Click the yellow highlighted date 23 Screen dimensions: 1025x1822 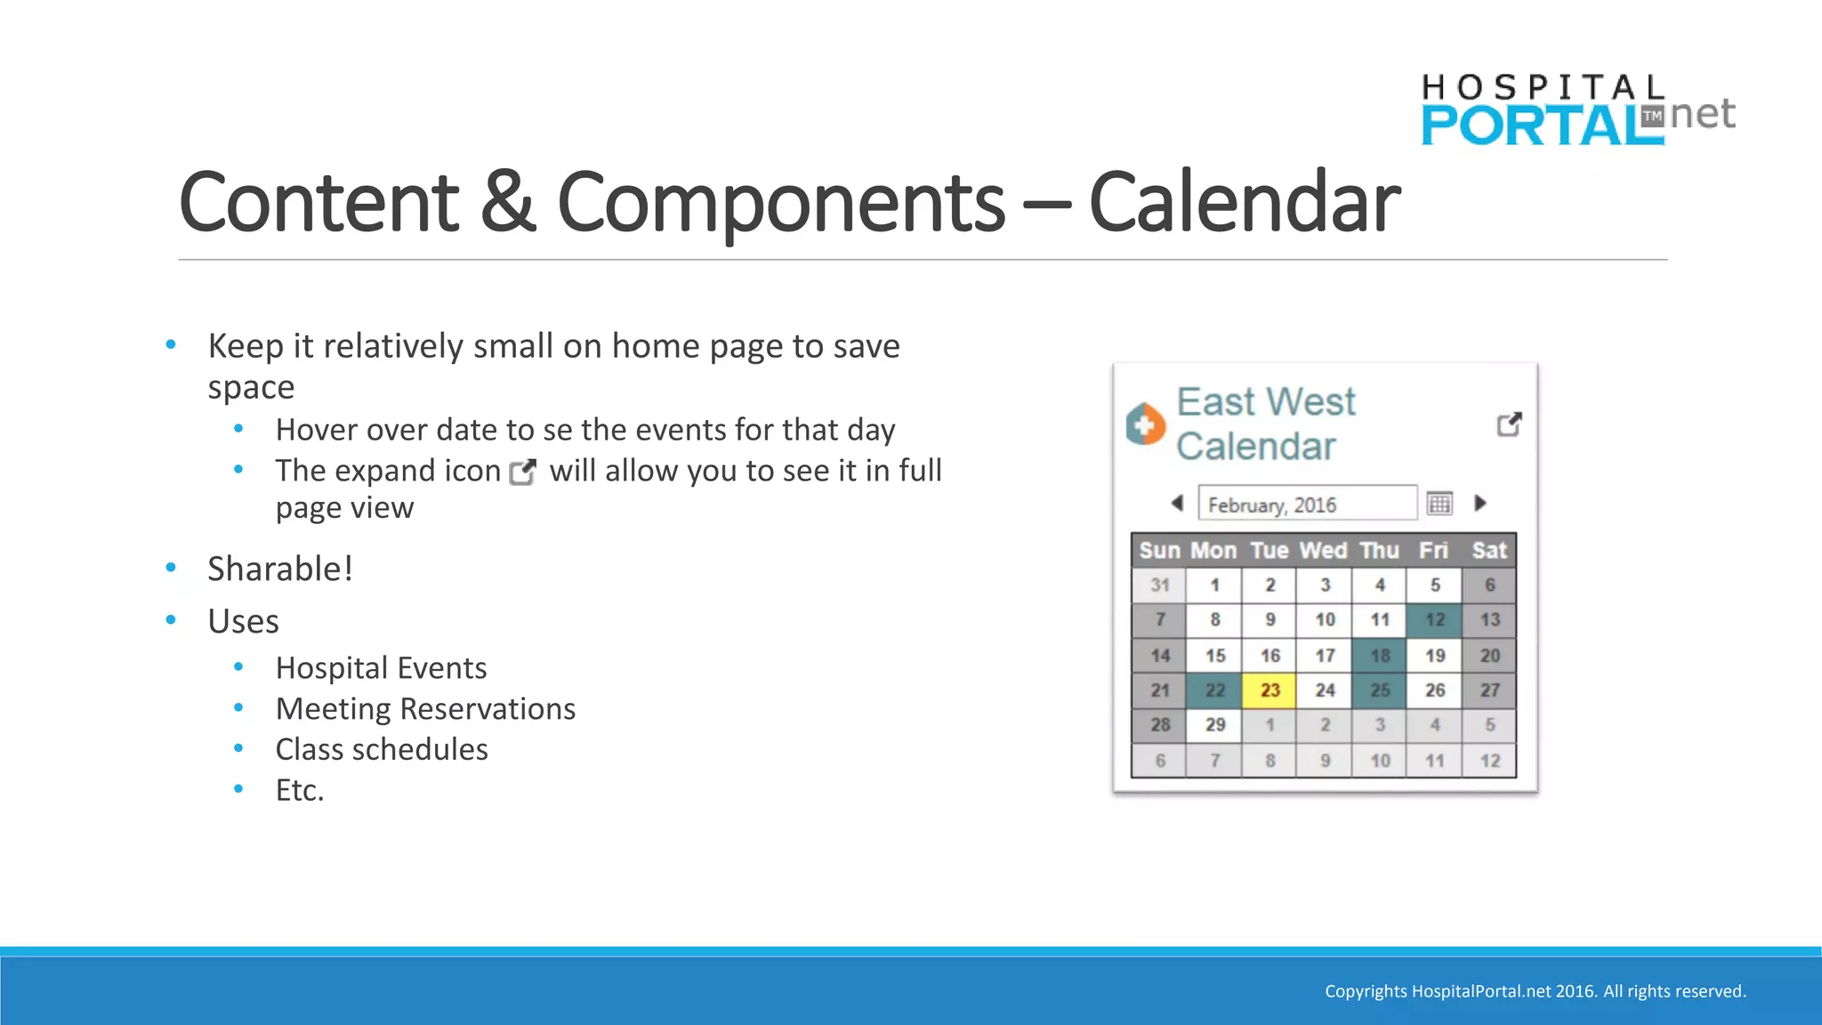[x=1270, y=690]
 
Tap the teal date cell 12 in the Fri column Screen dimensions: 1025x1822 [x=1434, y=620]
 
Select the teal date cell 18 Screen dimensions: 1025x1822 [x=1379, y=656]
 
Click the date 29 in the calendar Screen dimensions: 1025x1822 [x=1215, y=725]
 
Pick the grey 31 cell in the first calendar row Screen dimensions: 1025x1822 [x=1159, y=585]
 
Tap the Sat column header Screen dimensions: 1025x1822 [x=1489, y=551]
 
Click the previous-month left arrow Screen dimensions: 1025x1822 [x=1177, y=503]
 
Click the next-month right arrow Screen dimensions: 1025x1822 [x=1480, y=503]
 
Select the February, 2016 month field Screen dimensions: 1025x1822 [x=1306, y=504]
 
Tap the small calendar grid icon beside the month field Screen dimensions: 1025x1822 [x=1439, y=504]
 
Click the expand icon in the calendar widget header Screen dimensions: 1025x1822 [x=1509, y=424]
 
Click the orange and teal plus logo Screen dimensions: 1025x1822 [x=1145, y=424]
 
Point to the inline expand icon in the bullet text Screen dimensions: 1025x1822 [x=523, y=472]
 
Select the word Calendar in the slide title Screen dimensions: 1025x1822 [x=1244, y=203]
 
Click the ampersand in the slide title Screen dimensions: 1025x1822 [x=507, y=203]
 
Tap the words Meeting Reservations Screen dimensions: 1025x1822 [x=425, y=709]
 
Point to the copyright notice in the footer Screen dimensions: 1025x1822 [x=1535, y=991]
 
